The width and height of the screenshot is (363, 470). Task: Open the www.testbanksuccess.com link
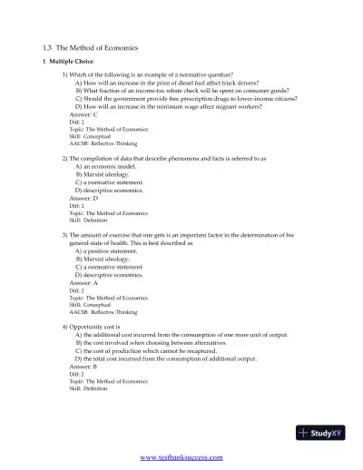tap(181, 458)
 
